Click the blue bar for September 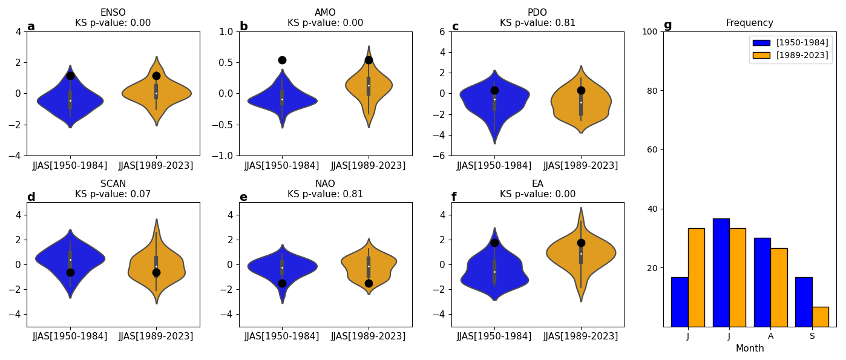coord(804,302)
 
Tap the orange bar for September coord(820,316)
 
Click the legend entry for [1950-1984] coord(790,43)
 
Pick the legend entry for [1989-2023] coord(790,55)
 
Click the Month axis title coord(750,349)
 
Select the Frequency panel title coord(750,23)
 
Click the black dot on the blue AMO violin coord(282,60)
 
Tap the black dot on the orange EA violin coord(581,243)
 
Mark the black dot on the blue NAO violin coord(282,283)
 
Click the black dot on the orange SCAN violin coord(156,272)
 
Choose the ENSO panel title coord(113,13)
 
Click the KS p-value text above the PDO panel coord(537,23)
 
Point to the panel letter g coord(667,25)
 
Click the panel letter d coord(31,197)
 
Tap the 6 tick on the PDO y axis coord(442,31)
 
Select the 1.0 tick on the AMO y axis coord(225,31)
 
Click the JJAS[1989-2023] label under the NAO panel coord(369,336)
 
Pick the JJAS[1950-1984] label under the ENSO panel coord(70,166)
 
